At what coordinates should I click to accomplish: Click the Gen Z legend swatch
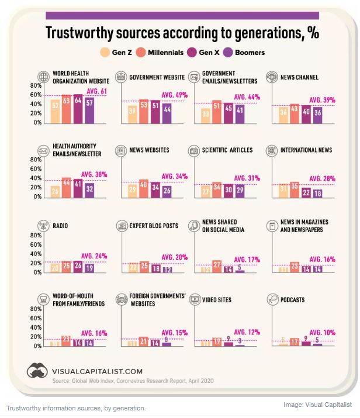coord(105,53)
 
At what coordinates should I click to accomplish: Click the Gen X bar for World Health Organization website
coord(78,108)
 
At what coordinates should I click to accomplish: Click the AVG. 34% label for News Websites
coord(173,176)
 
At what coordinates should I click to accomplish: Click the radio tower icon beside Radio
coord(43,224)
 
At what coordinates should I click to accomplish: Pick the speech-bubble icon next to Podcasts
coord(271,300)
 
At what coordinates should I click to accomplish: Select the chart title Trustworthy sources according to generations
coord(182,33)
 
